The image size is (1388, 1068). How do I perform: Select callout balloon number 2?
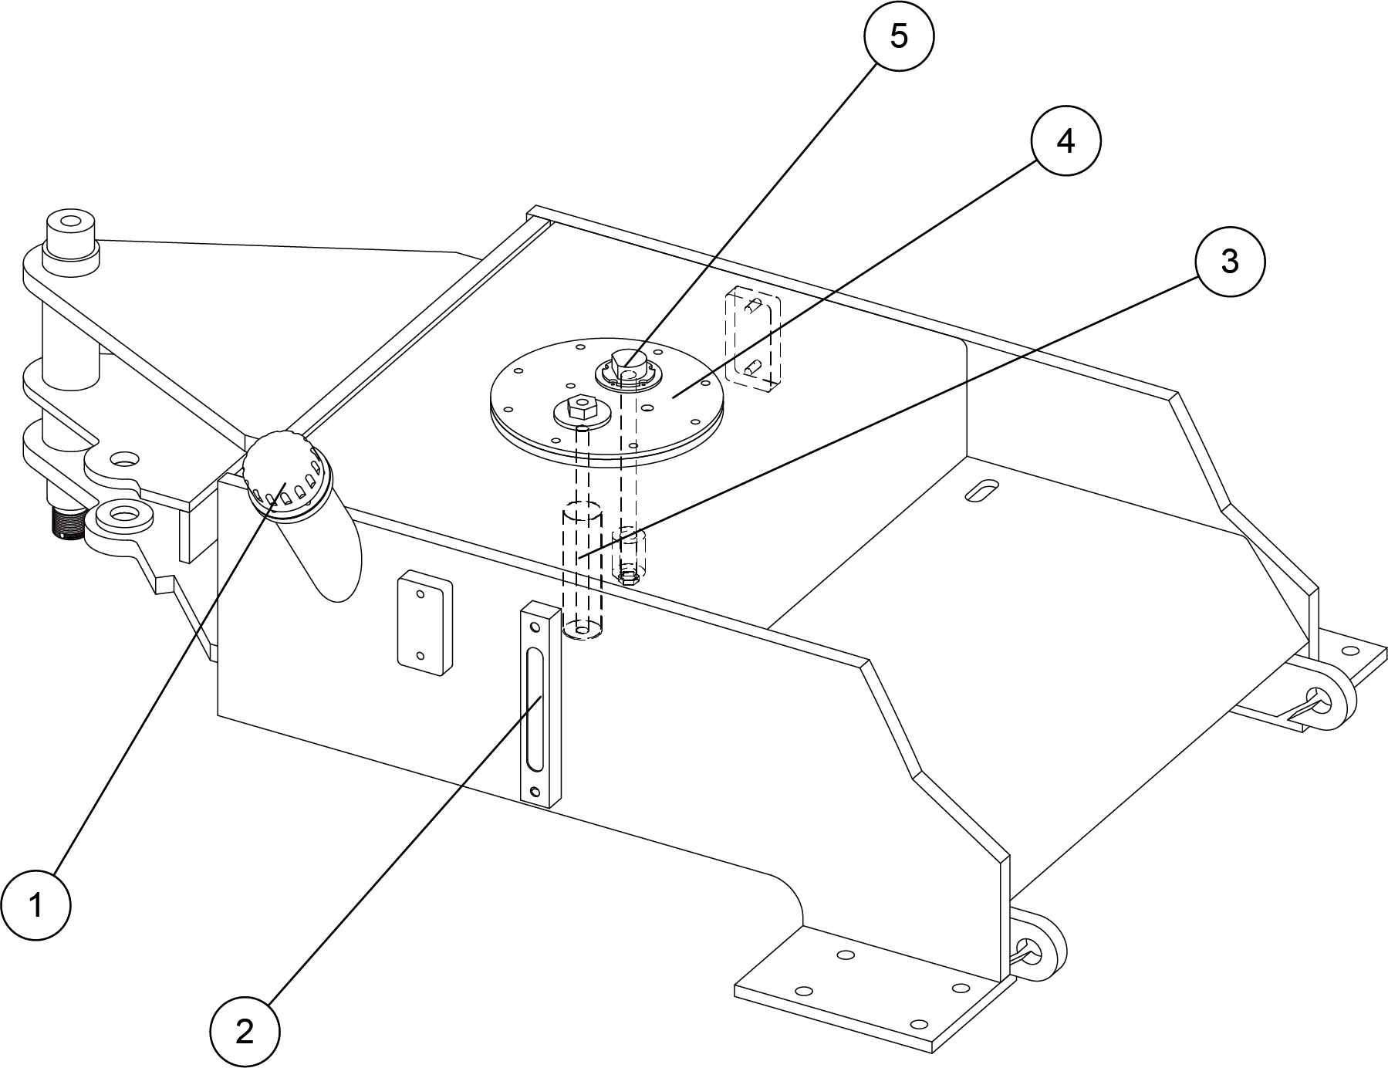click(x=245, y=1032)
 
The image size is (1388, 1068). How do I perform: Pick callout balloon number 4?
click(x=1065, y=141)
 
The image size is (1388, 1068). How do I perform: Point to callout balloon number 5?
click(x=899, y=36)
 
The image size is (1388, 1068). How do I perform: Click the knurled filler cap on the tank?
click(x=281, y=470)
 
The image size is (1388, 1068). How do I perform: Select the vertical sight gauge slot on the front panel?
click(x=533, y=708)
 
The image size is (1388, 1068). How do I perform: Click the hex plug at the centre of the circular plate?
click(x=627, y=362)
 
